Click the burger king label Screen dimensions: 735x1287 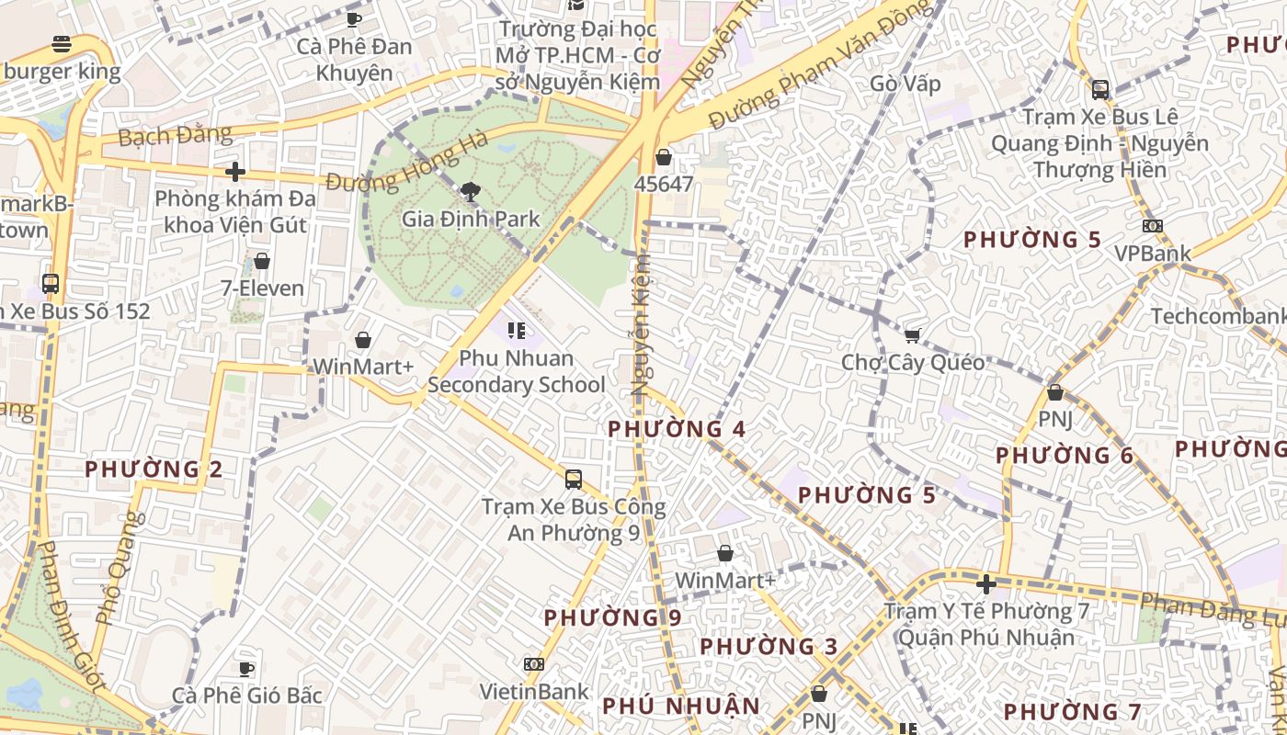(61, 72)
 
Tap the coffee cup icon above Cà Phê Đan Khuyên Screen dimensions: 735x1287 (354, 19)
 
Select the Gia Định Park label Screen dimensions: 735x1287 (471, 220)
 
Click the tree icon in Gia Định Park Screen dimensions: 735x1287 (471, 192)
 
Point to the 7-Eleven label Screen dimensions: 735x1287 (262, 288)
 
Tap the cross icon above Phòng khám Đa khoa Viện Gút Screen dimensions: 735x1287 (235, 172)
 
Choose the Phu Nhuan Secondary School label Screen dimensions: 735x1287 (516, 371)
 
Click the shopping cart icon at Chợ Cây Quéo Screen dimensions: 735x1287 (912, 336)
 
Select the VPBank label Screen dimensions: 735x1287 (1152, 254)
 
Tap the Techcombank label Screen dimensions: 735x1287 (1218, 317)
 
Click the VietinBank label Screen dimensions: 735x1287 (534, 691)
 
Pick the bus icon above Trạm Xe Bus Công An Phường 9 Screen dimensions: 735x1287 (574, 480)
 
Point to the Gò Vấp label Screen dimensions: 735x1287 (905, 84)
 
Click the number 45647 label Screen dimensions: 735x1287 (663, 184)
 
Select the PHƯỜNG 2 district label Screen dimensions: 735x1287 (154, 469)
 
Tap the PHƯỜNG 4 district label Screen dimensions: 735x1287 (677, 429)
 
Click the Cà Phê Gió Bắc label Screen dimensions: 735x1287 (247, 695)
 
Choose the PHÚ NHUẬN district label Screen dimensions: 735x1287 (681, 707)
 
